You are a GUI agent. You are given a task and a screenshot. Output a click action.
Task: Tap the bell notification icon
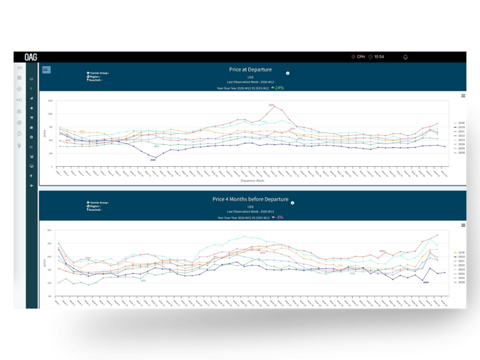tap(406, 57)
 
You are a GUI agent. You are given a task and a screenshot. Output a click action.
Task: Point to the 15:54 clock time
tap(379, 57)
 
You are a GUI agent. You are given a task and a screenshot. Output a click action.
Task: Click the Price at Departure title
tap(250, 69)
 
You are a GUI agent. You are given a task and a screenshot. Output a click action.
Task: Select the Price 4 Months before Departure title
tap(250, 199)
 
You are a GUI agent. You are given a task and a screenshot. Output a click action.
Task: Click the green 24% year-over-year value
tap(278, 88)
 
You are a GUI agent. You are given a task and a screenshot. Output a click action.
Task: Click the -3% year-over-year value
tap(277, 217)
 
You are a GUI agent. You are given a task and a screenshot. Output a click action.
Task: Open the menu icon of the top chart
tap(463, 95)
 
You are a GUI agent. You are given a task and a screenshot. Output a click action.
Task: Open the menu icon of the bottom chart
tap(463, 225)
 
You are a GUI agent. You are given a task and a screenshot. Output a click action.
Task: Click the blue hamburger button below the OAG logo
tap(46, 69)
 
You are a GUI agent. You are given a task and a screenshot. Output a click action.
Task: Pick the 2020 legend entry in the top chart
tap(460, 127)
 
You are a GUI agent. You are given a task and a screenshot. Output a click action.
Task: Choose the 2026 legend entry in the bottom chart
tap(460, 282)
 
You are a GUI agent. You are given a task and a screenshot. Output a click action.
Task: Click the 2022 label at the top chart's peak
tap(271, 104)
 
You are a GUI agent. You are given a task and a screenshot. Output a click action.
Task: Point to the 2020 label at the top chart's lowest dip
tap(153, 159)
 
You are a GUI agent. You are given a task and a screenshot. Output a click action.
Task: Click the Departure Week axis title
tap(251, 181)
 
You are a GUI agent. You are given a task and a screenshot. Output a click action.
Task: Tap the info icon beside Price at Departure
tap(287, 73)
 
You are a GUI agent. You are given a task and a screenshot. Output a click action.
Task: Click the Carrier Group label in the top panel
tap(98, 73)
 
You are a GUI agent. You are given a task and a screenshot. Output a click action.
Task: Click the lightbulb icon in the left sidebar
tap(20, 145)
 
